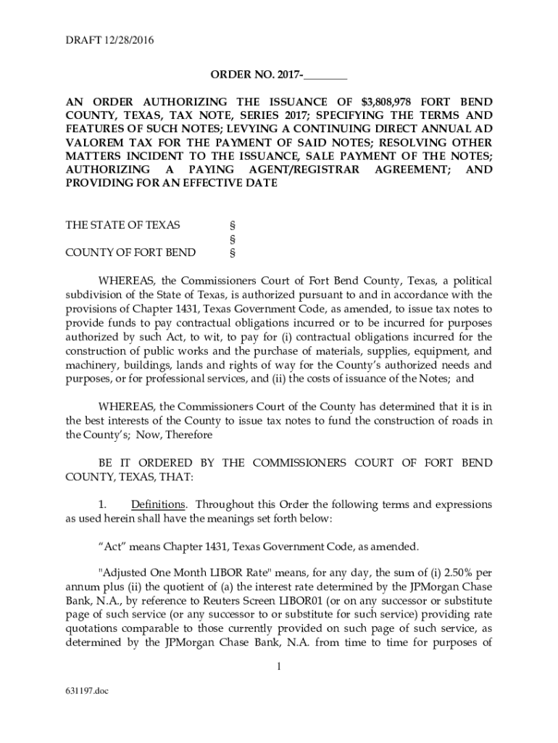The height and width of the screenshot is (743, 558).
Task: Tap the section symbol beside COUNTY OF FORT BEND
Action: click(x=232, y=253)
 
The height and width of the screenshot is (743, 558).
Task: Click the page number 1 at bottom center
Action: click(x=278, y=667)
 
